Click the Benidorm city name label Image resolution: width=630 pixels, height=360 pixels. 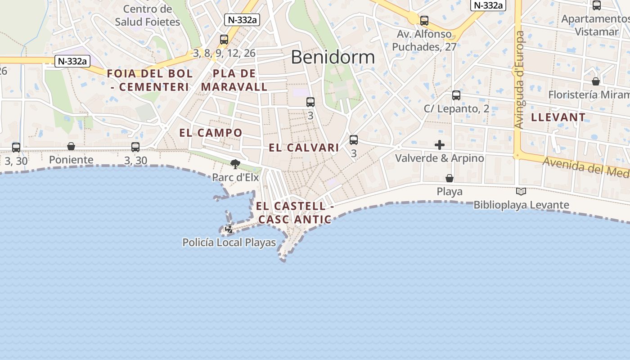(x=333, y=57)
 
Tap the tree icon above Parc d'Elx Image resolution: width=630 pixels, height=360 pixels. (x=235, y=164)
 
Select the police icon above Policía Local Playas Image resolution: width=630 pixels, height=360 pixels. (x=229, y=229)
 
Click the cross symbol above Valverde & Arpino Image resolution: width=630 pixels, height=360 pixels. (x=440, y=145)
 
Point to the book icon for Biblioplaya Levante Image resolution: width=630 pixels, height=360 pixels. (x=521, y=192)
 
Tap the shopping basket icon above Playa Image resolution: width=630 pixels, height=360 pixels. (x=449, y=178)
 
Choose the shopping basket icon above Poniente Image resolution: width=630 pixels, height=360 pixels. (x=71, y=146)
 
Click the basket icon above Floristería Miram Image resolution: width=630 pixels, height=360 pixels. (x=596, y=81)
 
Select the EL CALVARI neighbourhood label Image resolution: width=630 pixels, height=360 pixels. (x=304, y=148)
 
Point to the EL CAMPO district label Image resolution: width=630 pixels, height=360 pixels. (x=211, y=133)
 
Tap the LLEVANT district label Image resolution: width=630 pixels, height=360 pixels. (x=558, y=117)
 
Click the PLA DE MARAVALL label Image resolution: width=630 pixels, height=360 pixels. (x=234, y=80)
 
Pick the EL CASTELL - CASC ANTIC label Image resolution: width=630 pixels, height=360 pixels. (x=295, y=213)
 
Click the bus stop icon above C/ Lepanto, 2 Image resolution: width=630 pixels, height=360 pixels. (x=456, y=95)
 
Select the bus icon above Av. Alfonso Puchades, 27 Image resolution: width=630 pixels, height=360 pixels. (x=424, y=21)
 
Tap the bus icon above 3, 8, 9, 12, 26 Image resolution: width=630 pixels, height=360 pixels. (x=224, y=40)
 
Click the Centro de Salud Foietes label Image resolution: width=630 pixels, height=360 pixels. (x=147, y=15)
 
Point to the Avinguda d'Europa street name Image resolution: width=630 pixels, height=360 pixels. (x=520, y=80)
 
